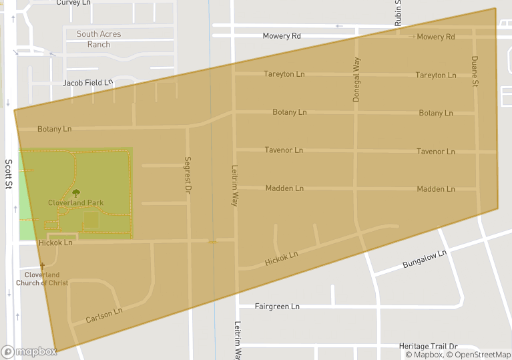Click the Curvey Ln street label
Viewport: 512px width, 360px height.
tap(73, 3)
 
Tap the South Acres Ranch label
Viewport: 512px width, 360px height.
tap(98, 39)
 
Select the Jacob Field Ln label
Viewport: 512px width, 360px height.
tap(87, 83)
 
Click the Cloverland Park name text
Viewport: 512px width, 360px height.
tap(75, 202)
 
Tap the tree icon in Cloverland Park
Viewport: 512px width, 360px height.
tap(75, 193)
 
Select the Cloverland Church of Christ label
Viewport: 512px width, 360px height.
tap(43, 279)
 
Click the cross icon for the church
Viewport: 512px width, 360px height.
tap(42, 266)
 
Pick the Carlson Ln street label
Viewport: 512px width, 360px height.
tap(104, 315)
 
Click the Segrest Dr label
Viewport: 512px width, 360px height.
tap(188, 175)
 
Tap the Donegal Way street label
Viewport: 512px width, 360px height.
tap(356, 79)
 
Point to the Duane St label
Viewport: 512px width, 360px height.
tap(475, 71)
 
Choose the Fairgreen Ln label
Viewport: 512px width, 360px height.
tap(277, 307)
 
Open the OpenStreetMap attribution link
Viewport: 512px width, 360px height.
tap(479, 355)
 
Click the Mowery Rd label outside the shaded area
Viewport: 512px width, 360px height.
tap(282, 36)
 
